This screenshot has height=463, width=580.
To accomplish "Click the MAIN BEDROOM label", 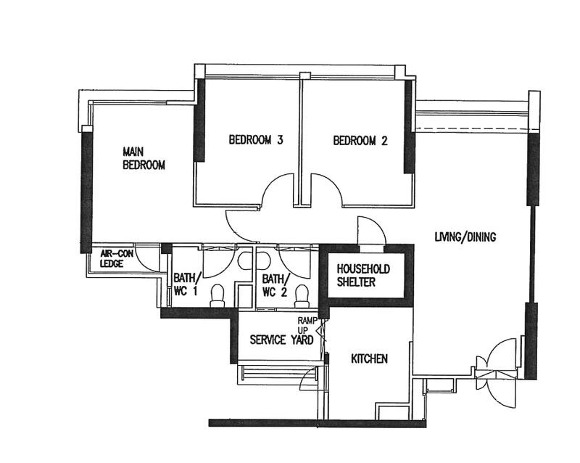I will click(x=144, y=158).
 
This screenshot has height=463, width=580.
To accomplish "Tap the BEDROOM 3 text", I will click(x=255, y=141).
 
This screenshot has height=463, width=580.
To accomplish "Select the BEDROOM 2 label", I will click(x=360, y=141).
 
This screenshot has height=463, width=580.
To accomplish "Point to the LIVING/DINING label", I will click(x=465, y=237).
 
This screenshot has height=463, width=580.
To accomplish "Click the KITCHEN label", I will click(x=370, y=358).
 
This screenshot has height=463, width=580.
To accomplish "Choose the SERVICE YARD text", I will click(x=281, y=340).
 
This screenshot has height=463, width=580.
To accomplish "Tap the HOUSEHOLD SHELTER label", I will click(x=362, y=275).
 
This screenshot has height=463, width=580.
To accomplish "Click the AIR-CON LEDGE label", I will click(x=116, y=259).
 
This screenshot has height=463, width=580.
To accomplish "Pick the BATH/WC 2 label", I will click(x=274, y=284).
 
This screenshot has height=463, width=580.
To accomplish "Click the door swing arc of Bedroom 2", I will click(x=323, y=192).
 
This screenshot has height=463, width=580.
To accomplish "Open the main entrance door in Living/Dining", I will click(x=500, y=370).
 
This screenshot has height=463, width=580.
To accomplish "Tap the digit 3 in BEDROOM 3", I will click(x=279, y=141).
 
